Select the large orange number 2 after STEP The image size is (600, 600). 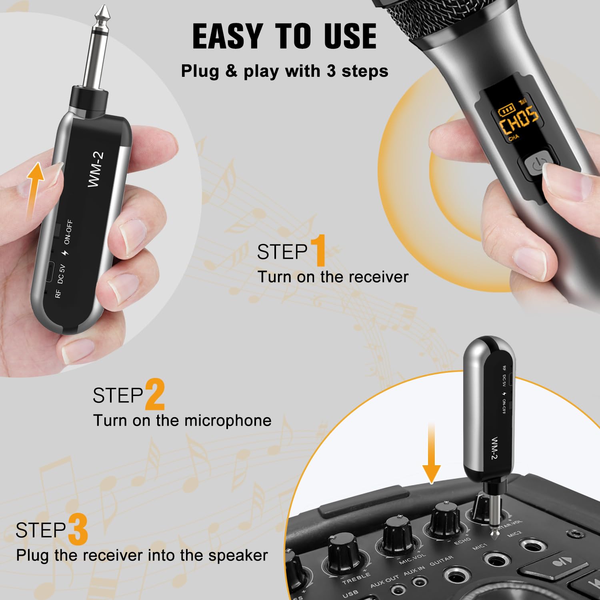(x=155, y=395)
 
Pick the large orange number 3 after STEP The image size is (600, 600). (x=78, y=530)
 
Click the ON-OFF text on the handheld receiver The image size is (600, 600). (x=68, y=232)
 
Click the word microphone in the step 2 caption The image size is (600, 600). (x=228, y=421)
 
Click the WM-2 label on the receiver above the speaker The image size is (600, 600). (x=494, y=448)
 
